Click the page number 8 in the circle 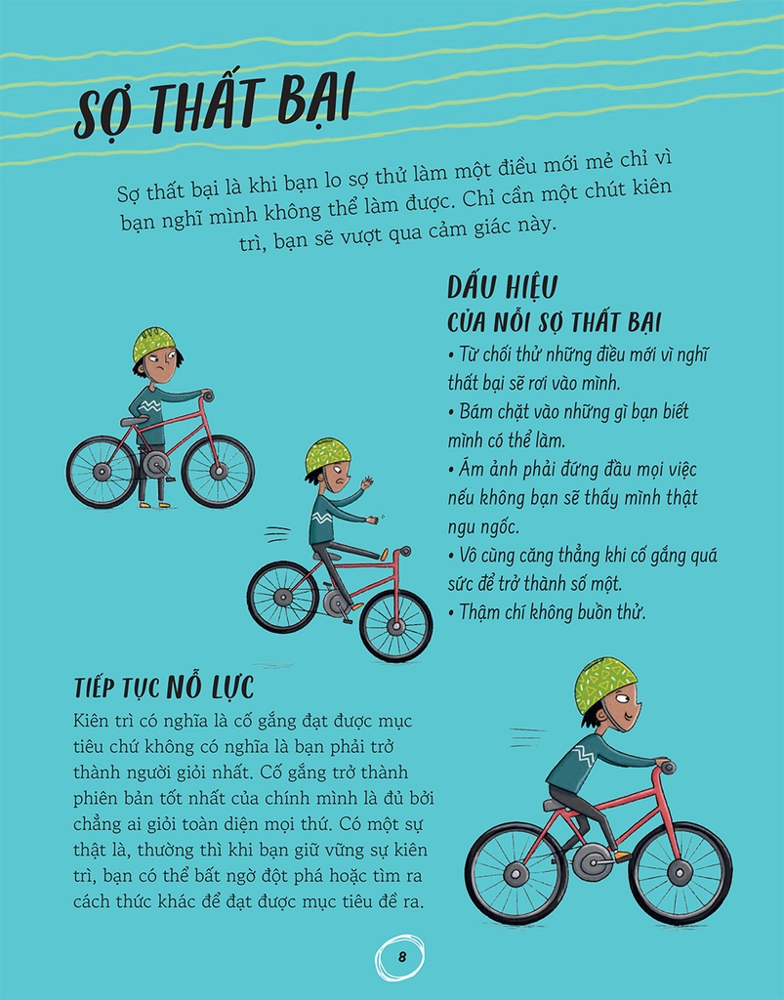coord(401,957)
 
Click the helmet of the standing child coord(153,344)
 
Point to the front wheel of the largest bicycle coord(681,873)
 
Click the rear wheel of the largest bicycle coord(516,873)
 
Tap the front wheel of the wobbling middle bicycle coord(395,626)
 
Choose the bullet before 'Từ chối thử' coord(451,355)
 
